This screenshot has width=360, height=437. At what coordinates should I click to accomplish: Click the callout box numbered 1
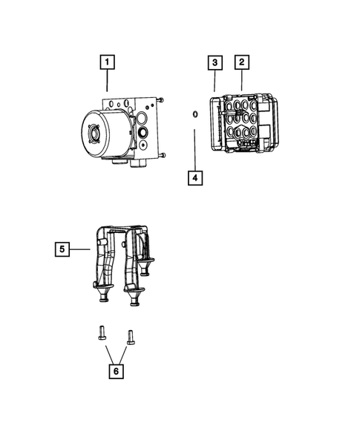(x=108, y=62)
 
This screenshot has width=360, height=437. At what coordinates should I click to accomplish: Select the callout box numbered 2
(x=241, y=62)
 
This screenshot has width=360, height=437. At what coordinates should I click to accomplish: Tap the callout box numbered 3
(x=215, y=62)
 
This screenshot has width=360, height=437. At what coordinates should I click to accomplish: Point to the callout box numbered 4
(x=194, y=178)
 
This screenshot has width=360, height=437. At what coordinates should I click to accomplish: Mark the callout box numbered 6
(x=115, y=369)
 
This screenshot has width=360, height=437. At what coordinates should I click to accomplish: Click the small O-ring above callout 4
(x=194, y=114)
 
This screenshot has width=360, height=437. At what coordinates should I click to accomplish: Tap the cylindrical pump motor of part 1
(x=101, y=134)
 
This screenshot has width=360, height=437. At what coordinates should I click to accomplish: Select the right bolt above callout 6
(x=131, y=337)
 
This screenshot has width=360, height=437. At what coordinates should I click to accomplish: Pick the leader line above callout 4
(x=194, y=148)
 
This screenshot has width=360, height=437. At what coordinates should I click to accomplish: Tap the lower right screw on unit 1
(x=162, y=155)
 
